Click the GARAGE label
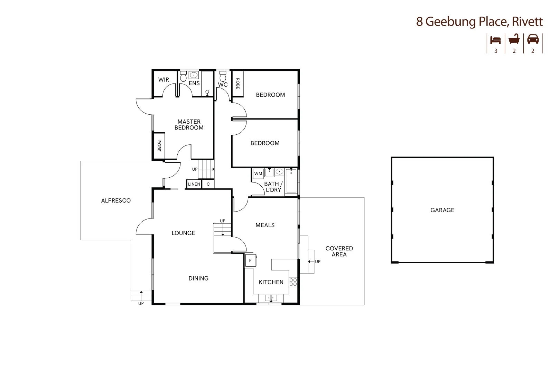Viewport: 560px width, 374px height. click(x=442, y=210)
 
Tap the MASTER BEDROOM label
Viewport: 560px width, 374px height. click(x=189, y=125)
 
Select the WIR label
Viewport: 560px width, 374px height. click(x=164, y=80)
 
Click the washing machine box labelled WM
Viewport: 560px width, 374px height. click(x=258, y=173)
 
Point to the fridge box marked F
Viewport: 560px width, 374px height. click(x=250, y=260)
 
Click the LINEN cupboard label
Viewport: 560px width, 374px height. click(x=194, y=184)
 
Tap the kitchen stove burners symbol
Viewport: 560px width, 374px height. click(x=293, y=282)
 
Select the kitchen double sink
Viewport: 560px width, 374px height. click(x=271, y=298)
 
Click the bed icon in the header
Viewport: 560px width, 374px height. click(x=495, y=40)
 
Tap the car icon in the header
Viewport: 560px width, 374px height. click(x=533, y=39)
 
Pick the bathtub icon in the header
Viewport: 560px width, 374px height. click(x=514, y=39)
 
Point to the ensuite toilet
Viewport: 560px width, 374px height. click(x=184, y=76)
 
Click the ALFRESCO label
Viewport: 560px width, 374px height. click(x=116, y=201)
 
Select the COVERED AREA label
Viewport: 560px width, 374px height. click(x=339, y=251)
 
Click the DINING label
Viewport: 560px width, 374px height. click(x=198, y=278)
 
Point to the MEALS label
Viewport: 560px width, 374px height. click(x=265, y=225)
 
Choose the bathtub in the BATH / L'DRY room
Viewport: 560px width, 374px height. click(x=291, y=181)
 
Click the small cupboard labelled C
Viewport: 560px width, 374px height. click(x=208, y=184)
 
